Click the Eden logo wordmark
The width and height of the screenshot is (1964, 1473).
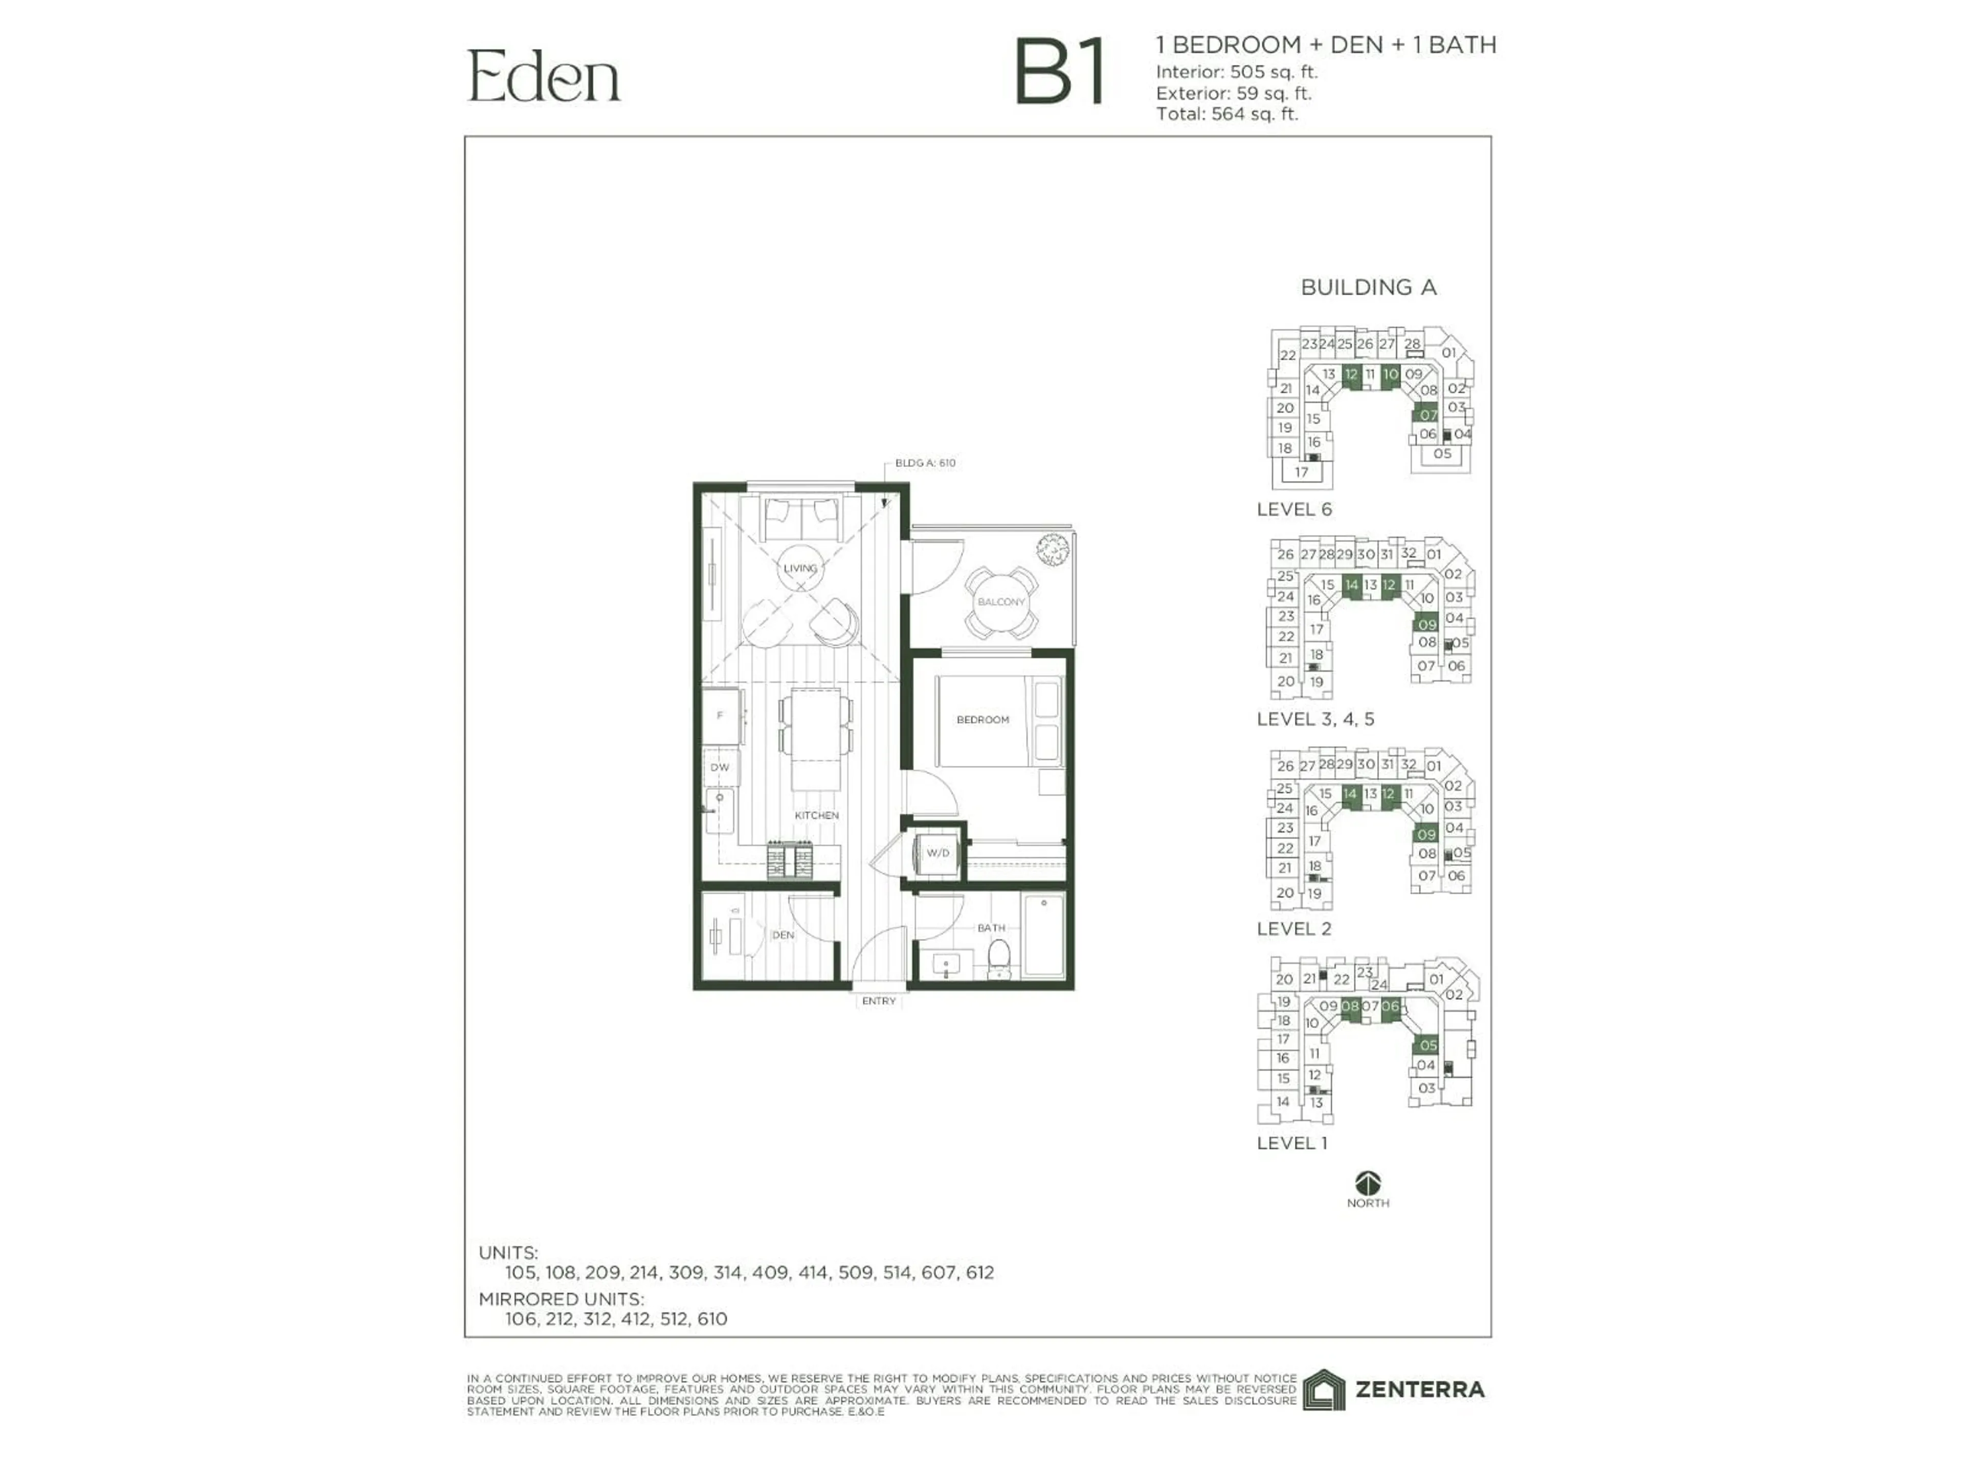(x=543, y=77)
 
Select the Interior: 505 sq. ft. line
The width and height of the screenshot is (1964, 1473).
(x=1236, y=72)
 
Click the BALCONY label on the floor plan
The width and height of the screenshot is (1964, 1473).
(x=1000, y=602)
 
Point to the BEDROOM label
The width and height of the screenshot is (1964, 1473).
(x=982, y=719)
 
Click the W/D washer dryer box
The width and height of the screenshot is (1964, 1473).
(x=938, y=853)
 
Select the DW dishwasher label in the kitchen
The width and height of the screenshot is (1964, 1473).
(x=720, y=767)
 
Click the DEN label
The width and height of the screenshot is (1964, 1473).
(x=782, y=935)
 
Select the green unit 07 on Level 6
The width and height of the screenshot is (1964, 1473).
(x=1427, y=415)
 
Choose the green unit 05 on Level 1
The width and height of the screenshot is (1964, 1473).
(x=1427, y=1045)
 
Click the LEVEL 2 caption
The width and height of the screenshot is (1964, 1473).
(x=1293, y=929)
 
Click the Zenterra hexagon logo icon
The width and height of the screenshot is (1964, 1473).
(x=1324, y=1390)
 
